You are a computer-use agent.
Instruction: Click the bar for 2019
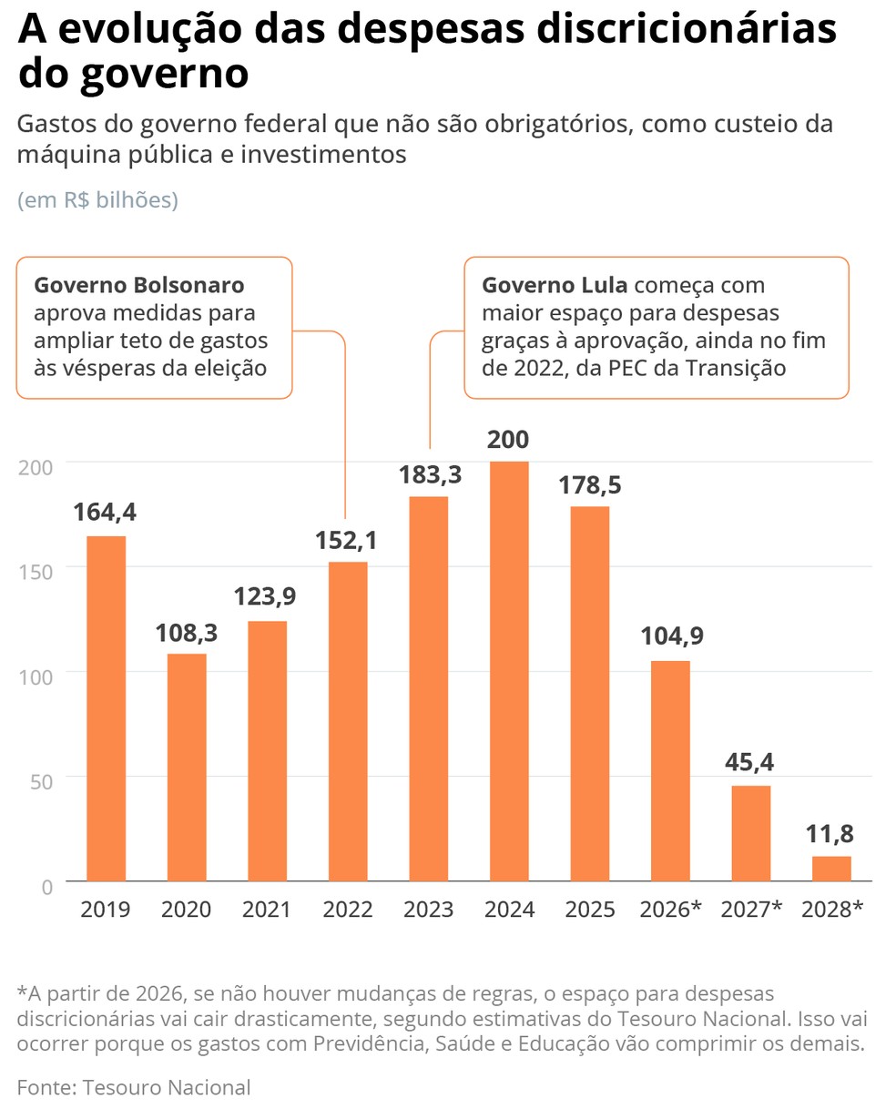[x=107, y=708]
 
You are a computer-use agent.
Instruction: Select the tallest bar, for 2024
[x=509, y=671]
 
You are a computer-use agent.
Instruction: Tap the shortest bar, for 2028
[x=831, y=869]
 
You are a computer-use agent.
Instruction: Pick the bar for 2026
[x=670, y=770]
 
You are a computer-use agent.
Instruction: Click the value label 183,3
[x=431, y=474]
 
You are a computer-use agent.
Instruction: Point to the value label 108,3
[x=186, y=633]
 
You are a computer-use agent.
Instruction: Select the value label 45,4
[x=749, y=763]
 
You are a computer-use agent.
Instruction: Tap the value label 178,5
[x=591, y=485]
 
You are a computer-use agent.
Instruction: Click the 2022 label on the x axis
[x=348, y=909]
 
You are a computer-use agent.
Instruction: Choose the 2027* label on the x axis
[x=751, y=909]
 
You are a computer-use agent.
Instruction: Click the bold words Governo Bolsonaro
[x=139, y=285]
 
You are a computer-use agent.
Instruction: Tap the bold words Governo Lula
[x=555, y=285]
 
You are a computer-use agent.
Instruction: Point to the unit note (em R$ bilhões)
[x=97, y=200]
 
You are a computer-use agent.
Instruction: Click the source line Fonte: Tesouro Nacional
[x=133, y=1086]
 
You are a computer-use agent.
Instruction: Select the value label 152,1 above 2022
[x=346, y=540]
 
